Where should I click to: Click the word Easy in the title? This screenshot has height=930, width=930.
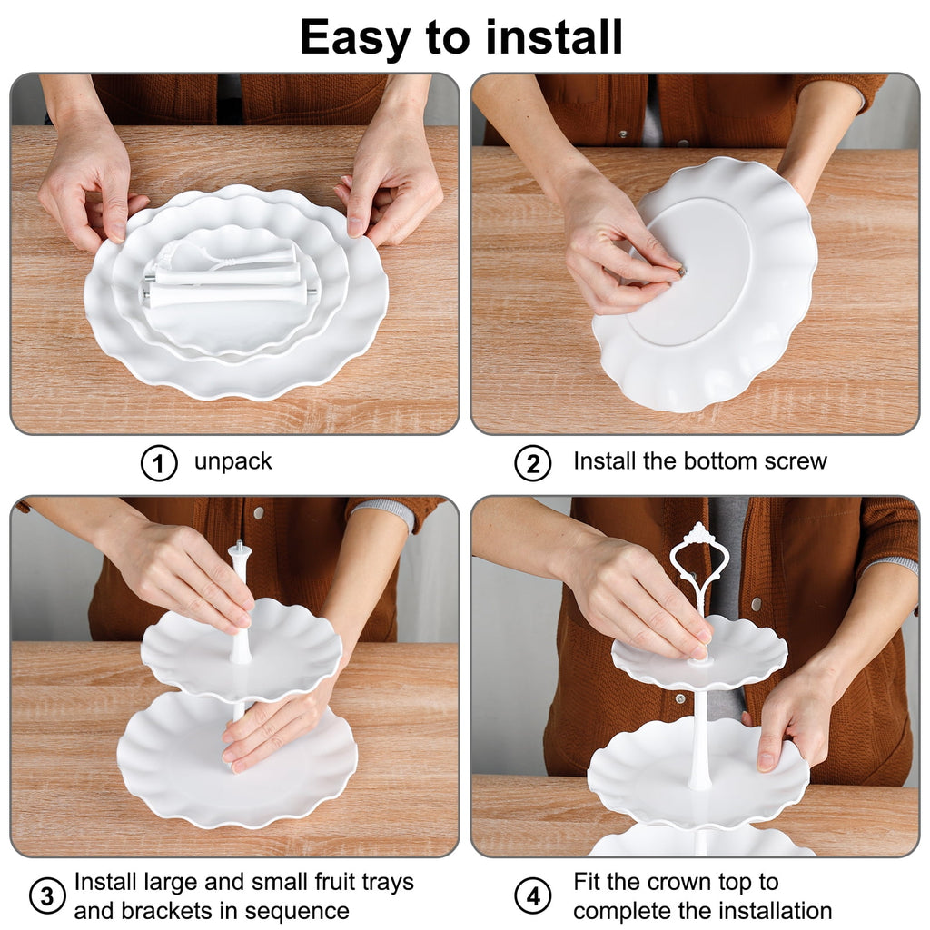click(x=355, y=38)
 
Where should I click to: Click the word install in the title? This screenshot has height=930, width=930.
click(x=553, y=36)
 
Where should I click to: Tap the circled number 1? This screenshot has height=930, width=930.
click(x=159, y=463)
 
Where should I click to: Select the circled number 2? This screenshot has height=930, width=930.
click(x=532, y=463)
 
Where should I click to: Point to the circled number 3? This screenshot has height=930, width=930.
click(x=47, y=895)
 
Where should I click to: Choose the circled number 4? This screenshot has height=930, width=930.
click(x=532, y=895)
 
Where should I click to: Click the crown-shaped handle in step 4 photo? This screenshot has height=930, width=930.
click(x=699, y=562)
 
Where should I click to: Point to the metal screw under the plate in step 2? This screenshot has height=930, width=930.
click(x=681, y=272)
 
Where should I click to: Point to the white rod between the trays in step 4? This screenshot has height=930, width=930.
click(x=700, y=738)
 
